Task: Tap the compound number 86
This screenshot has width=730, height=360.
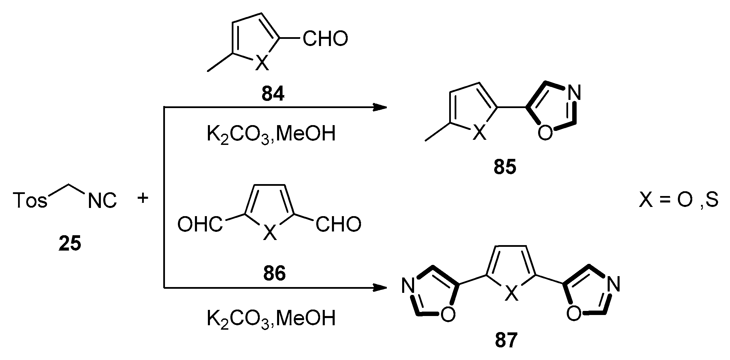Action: click(274, 273)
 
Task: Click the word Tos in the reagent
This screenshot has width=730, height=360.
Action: click(30, 200)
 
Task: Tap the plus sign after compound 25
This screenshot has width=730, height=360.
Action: click(143, 198)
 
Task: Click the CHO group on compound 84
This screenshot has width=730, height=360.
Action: click(325, 39)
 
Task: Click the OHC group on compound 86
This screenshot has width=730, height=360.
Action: click(200, 225)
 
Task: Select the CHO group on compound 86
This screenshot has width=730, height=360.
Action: click(338, 225)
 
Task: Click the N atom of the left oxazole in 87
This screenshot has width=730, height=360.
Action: click(408, 285)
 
